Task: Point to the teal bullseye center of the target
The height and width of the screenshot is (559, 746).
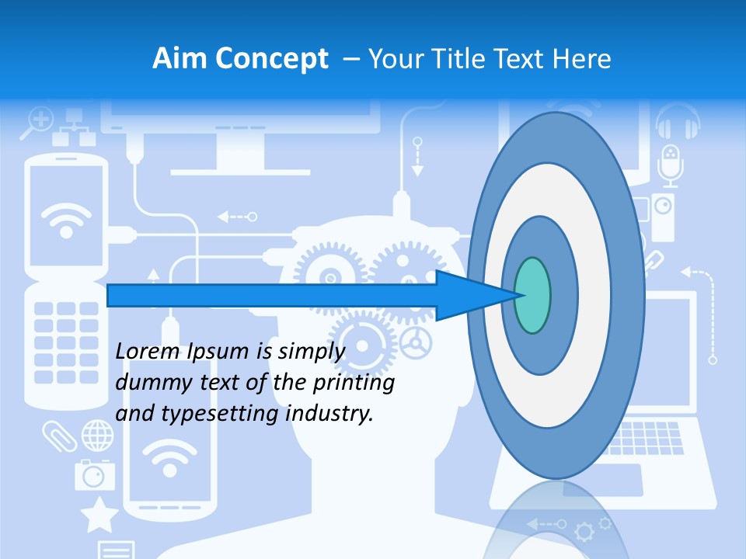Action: point(532,295)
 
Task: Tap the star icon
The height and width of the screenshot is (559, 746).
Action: point(99,515)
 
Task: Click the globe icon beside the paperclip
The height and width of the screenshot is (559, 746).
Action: point(97,435)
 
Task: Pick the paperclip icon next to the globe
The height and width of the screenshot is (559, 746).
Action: point(60,436)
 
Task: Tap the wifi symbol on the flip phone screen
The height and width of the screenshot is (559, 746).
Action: point(65,218)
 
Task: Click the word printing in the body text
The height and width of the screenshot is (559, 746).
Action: point(356,382)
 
